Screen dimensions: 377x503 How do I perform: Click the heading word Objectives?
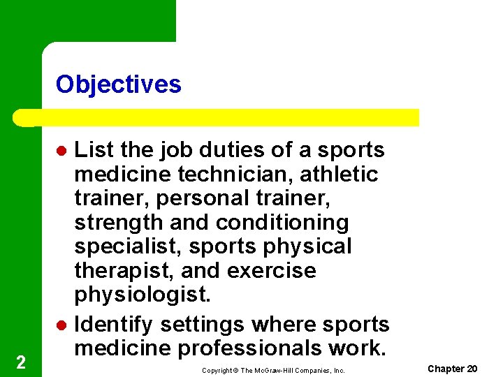pos(118,84)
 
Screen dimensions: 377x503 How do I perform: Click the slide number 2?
pos(20,362)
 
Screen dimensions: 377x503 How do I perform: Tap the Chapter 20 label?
pos(452,369)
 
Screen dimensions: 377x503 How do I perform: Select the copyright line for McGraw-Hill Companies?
pos(273,371)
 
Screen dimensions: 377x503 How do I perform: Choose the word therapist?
pos(117,271)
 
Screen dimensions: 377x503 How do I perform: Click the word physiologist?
pos(142,295)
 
